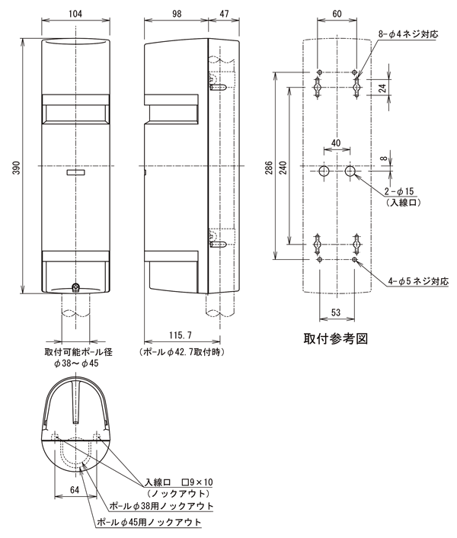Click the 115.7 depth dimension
(x=181, y=336)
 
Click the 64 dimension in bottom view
(x=74, y=492)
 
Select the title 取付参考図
(x=335, y=338)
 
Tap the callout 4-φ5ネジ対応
(x=416, y=282)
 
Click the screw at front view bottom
(x=76, y=287)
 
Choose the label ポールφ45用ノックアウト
(x=149, y=522)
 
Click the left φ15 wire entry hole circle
(x=323, y=172)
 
